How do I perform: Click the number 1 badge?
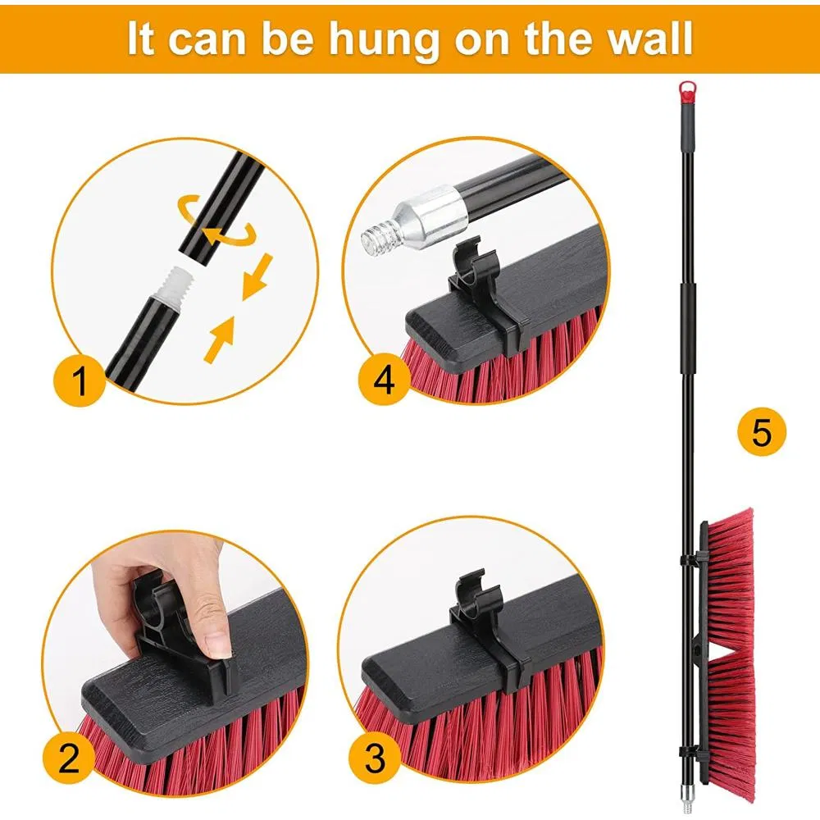click(x=80, y=382)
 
